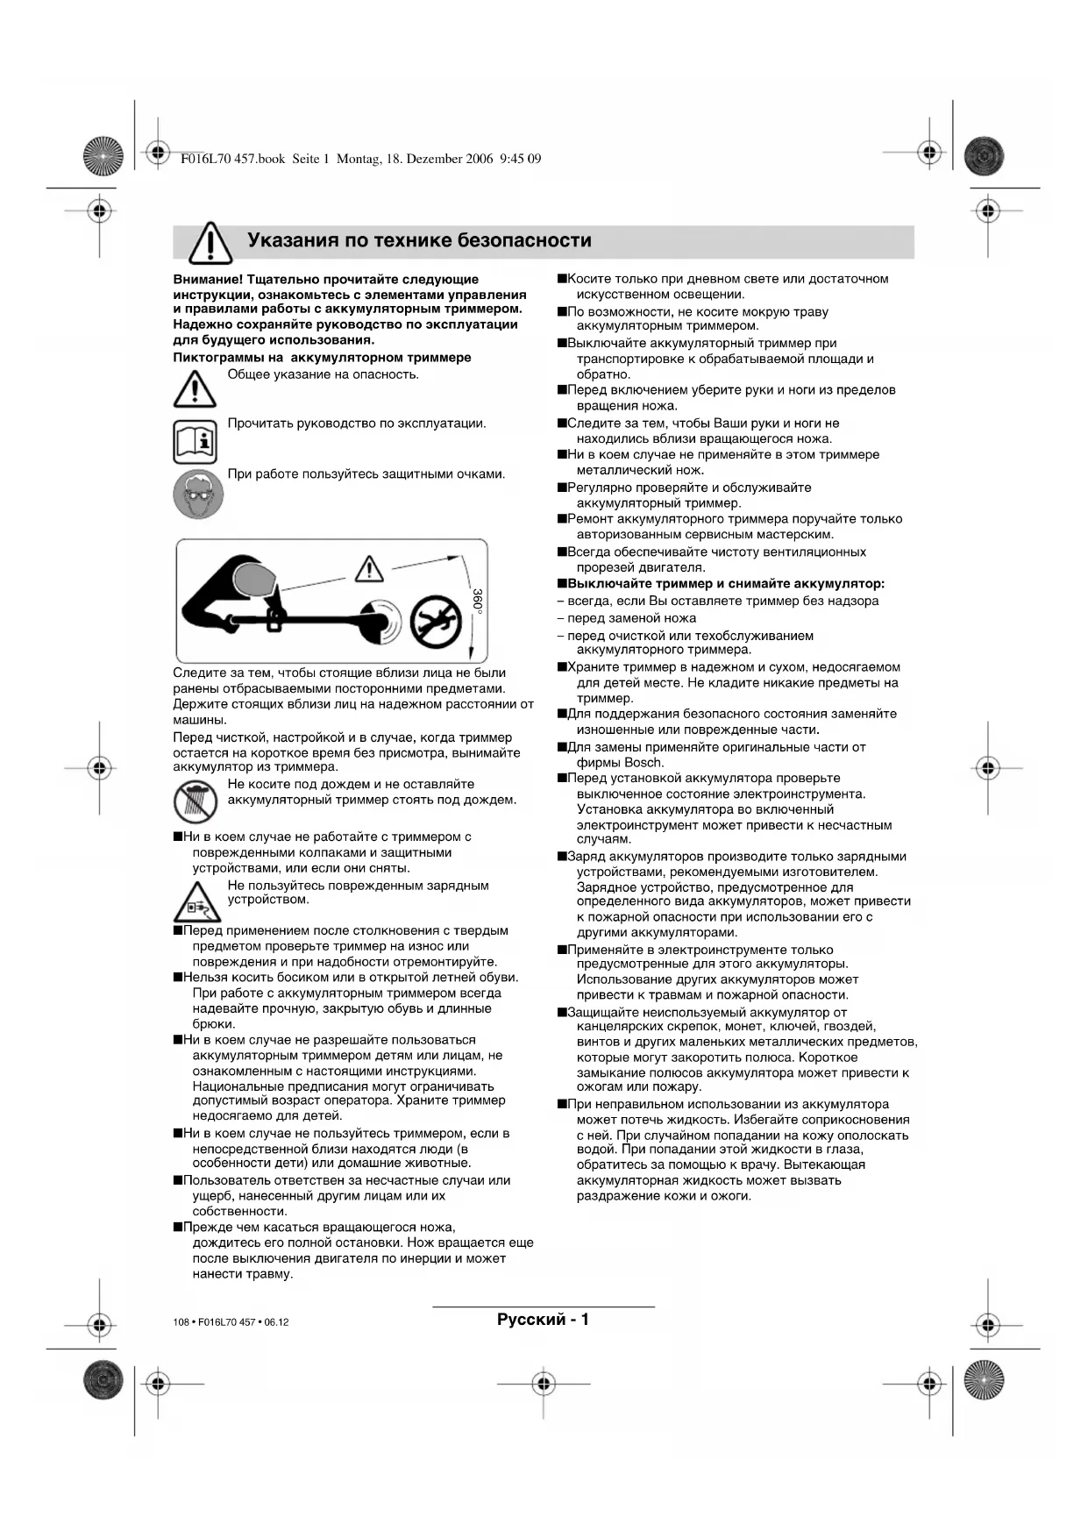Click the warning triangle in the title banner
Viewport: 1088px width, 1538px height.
(x=210, y=243)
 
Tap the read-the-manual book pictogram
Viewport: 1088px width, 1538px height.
(x=195, y=441)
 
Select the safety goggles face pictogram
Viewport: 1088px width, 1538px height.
(x=198, y=494)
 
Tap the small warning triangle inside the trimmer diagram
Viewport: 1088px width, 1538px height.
(x=368, y=570)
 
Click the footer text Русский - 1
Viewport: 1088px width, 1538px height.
(x=543, y=1319)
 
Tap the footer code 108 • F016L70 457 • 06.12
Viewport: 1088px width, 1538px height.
(x=231, y=1321)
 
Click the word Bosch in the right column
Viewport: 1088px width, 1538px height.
(x=644, y=763)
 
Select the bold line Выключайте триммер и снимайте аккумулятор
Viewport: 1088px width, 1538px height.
(x=725, y=584)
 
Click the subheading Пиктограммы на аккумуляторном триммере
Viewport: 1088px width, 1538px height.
(x=322, y=358)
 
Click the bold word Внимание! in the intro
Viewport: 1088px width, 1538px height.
(x=208, y=280)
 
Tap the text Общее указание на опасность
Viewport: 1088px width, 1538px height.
(x=323, y=374)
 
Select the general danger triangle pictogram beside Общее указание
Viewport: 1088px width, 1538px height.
(x=195, y=389)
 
